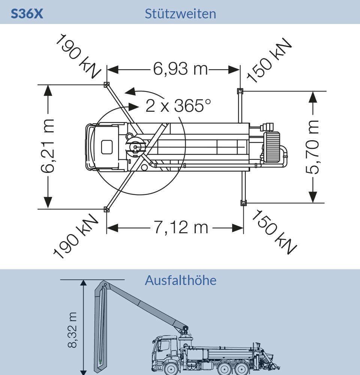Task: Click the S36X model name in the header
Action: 27,14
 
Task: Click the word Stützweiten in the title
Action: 180,14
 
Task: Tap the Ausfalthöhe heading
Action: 180,280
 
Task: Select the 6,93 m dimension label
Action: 180,69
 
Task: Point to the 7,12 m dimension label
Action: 181,227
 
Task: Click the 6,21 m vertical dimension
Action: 48,146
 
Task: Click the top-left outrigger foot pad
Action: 107,85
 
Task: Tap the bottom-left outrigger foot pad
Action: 106,209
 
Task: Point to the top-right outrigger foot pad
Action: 240,91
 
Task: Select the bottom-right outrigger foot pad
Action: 243,203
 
